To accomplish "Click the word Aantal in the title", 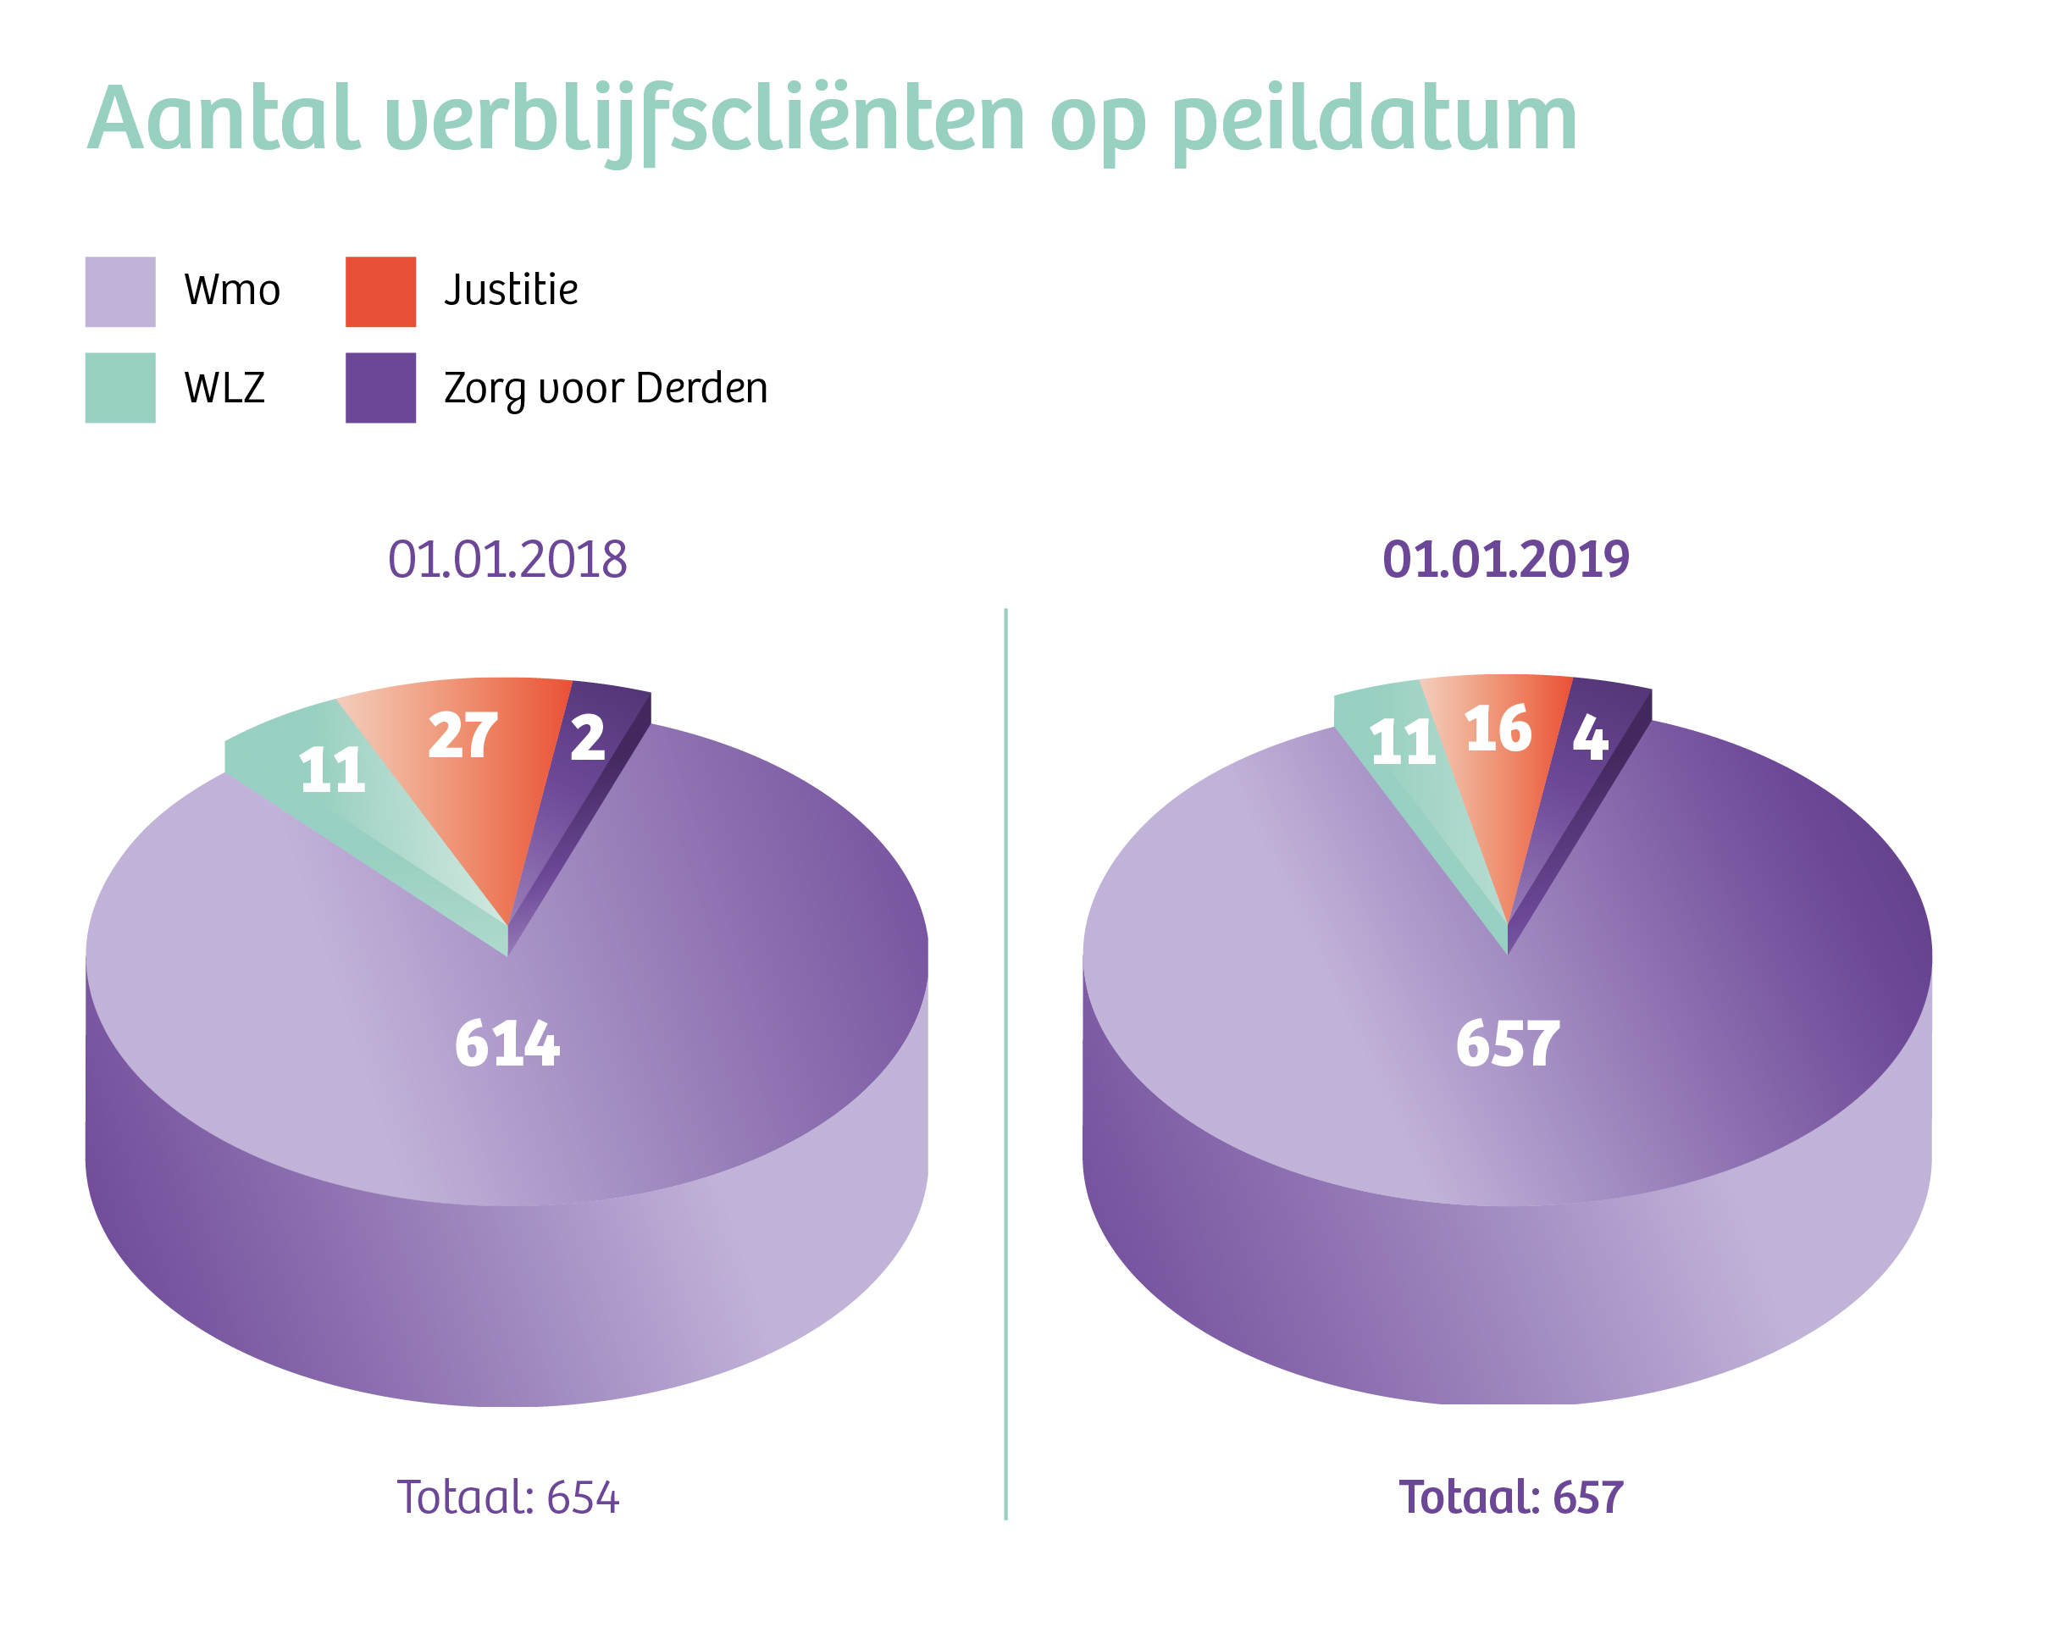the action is coord(224,119).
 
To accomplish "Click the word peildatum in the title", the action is coord(1375,125).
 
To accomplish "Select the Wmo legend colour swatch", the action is coord(120,291).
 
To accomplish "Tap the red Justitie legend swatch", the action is coord(380,291).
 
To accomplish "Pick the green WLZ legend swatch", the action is coord(120,388).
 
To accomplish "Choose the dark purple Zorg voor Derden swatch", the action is coord(380,388).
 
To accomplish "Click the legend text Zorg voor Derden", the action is coord(606,389).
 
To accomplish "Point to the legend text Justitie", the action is coord(511,290).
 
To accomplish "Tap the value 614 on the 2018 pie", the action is coord(507,1043).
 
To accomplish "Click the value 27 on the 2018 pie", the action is coord(463,735).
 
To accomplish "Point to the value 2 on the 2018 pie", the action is coord(587,738).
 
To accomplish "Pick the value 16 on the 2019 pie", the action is coord(1498,729).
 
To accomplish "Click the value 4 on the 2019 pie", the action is coord(1590,737).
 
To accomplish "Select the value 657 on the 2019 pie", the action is coord(1507,1043).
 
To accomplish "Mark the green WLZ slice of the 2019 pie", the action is coord(1411,762).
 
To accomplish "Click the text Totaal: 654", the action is coord(508,1498).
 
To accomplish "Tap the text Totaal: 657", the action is coord(1511,1498).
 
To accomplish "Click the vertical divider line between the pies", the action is coord(1005,1064).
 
